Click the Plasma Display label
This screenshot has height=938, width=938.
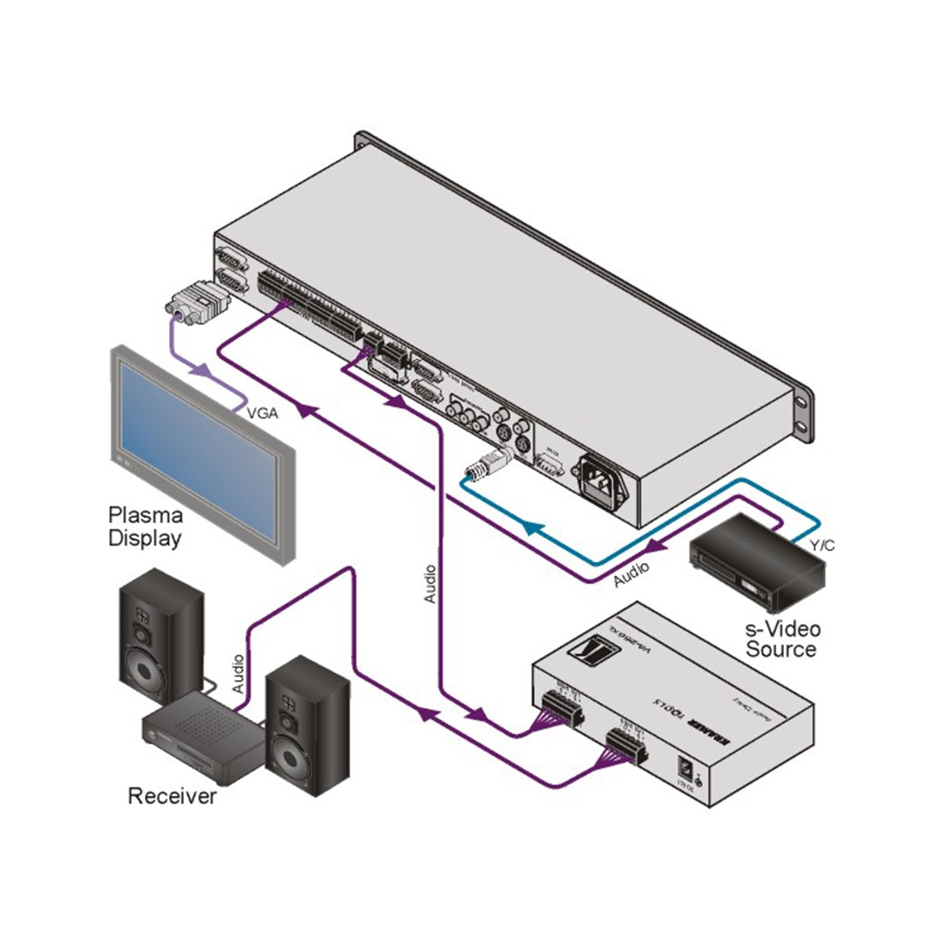[145, 527]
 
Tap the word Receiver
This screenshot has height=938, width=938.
[172, 797]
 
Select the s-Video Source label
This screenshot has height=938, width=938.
[781, 639]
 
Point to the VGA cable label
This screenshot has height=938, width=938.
[263, 414]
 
